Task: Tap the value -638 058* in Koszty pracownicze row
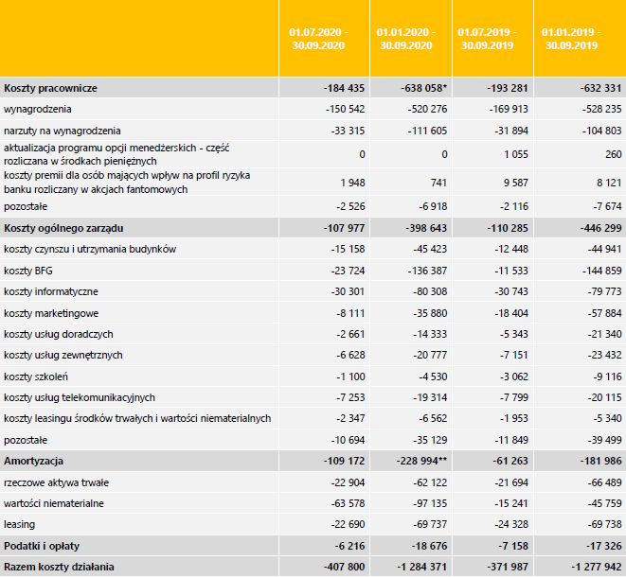(x=421, y=88)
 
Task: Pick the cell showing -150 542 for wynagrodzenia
(x=344, y=109)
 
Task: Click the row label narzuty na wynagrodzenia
(x=63, y=130)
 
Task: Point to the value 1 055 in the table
(x=503, y=153)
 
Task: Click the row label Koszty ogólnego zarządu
(x=65, y=228)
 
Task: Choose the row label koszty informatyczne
(x=51, y=291)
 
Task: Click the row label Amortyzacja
(x=33, y=460)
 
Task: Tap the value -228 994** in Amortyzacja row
(x=420, y=460)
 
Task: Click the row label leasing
(x=19, y=523)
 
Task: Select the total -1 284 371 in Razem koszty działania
(x=419, y=567)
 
